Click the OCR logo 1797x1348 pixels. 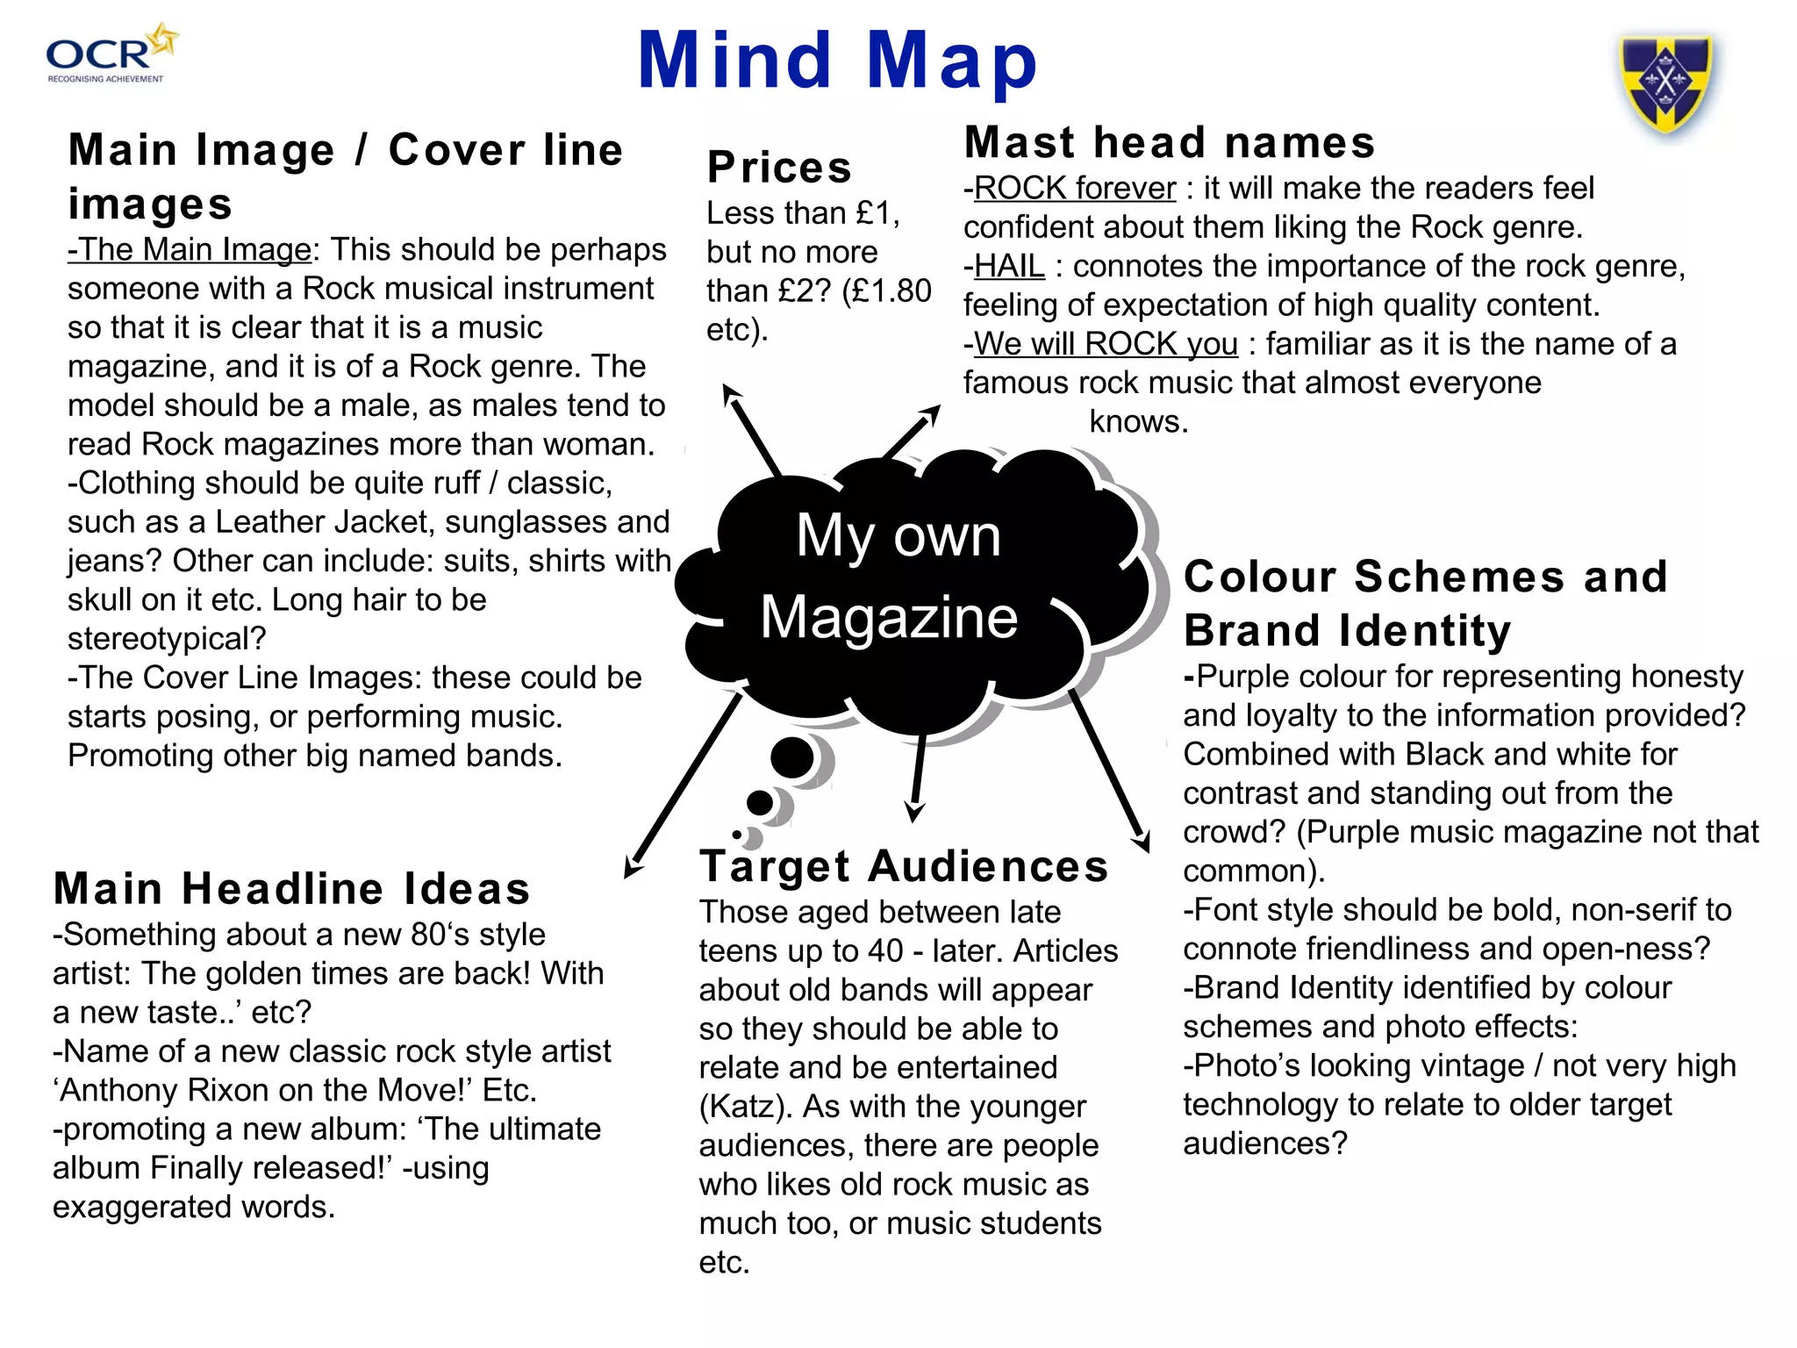(110, 54)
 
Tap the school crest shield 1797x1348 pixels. (1665, 83)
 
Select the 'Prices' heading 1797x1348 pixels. (779, 168)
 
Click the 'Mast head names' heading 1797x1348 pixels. (1169, 143)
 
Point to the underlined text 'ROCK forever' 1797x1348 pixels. (1074, 189)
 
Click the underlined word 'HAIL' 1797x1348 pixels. (1009, 266)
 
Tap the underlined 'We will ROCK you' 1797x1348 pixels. (1106, 344)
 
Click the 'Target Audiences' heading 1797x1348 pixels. (904, 866)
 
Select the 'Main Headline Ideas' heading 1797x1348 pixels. (292, 888)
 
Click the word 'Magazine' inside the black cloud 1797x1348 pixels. (889, 617)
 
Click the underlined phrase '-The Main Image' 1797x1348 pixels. (190, 250)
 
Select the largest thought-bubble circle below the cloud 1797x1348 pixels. (792, 757)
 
